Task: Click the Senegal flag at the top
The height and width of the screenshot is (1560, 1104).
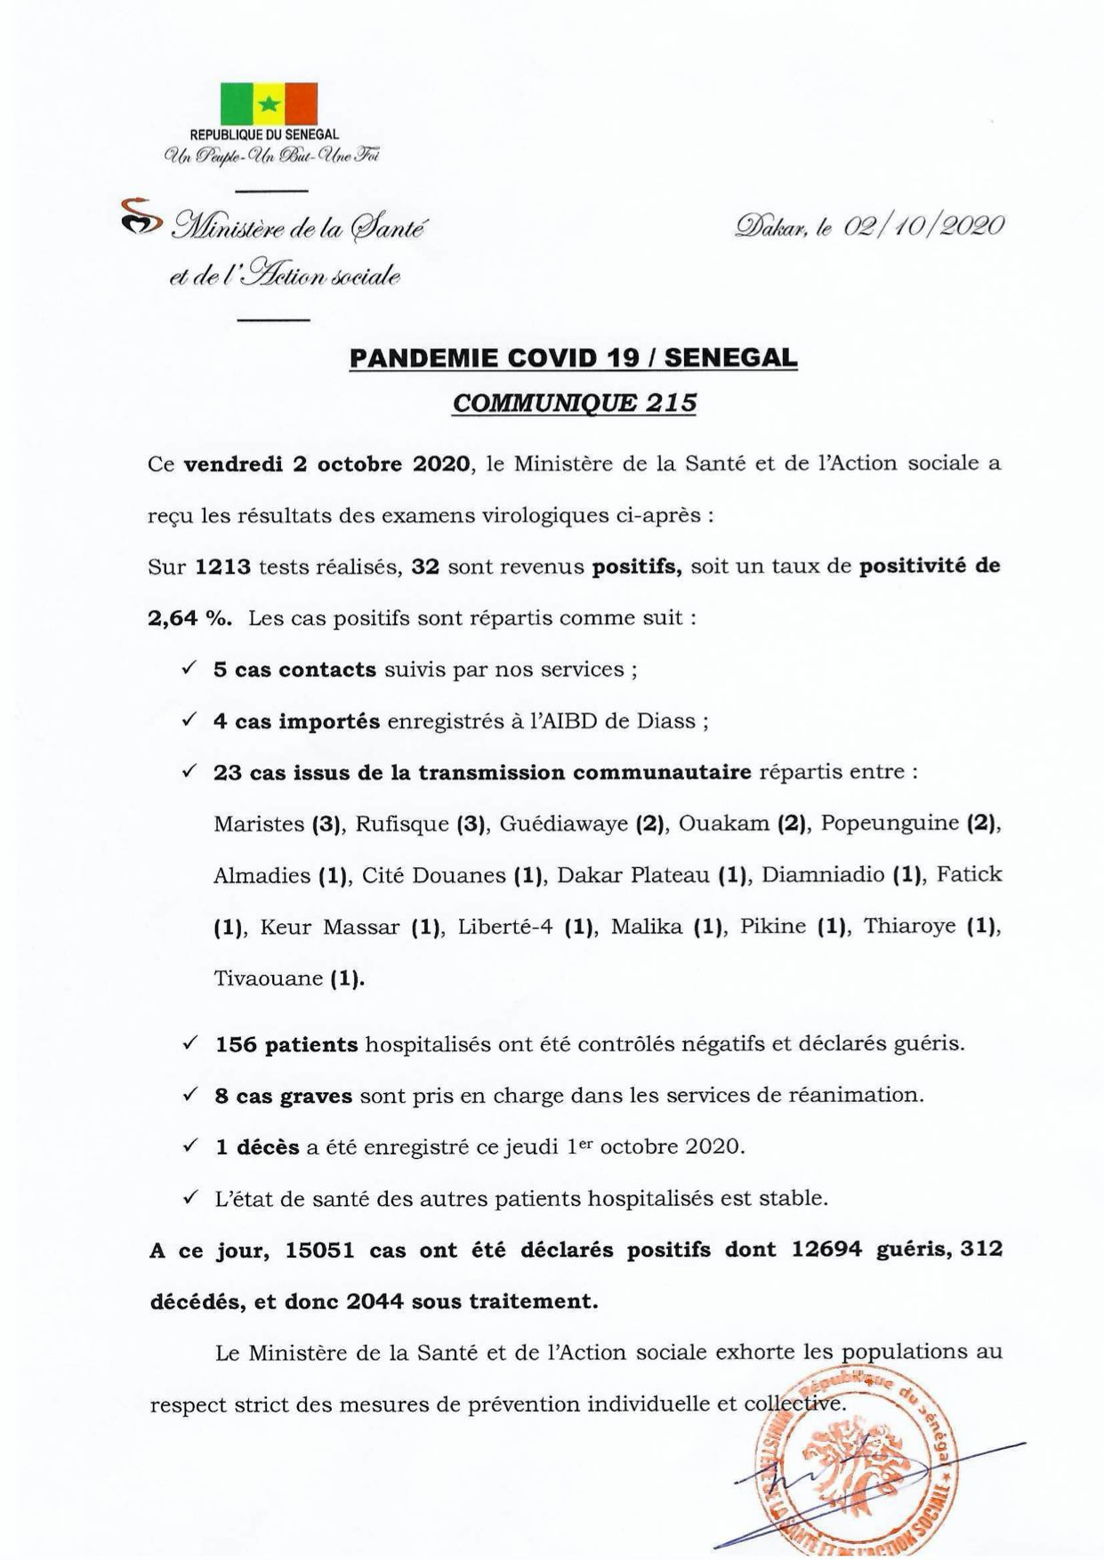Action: click(269, 103)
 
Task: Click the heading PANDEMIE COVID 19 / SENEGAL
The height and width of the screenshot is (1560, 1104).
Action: click(574, 358)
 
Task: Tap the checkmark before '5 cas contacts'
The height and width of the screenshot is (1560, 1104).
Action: click(189, 669)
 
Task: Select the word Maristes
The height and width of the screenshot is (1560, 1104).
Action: click(259, 824)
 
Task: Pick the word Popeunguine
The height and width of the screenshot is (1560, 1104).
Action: click(889, 824)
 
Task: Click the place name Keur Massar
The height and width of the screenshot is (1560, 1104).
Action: click(329, 927)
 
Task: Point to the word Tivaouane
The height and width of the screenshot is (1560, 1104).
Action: click(267, 978)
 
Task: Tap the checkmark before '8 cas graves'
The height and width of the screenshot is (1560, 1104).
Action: click(189, 1095)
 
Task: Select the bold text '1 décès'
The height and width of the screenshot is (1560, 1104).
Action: click(257, 1147)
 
